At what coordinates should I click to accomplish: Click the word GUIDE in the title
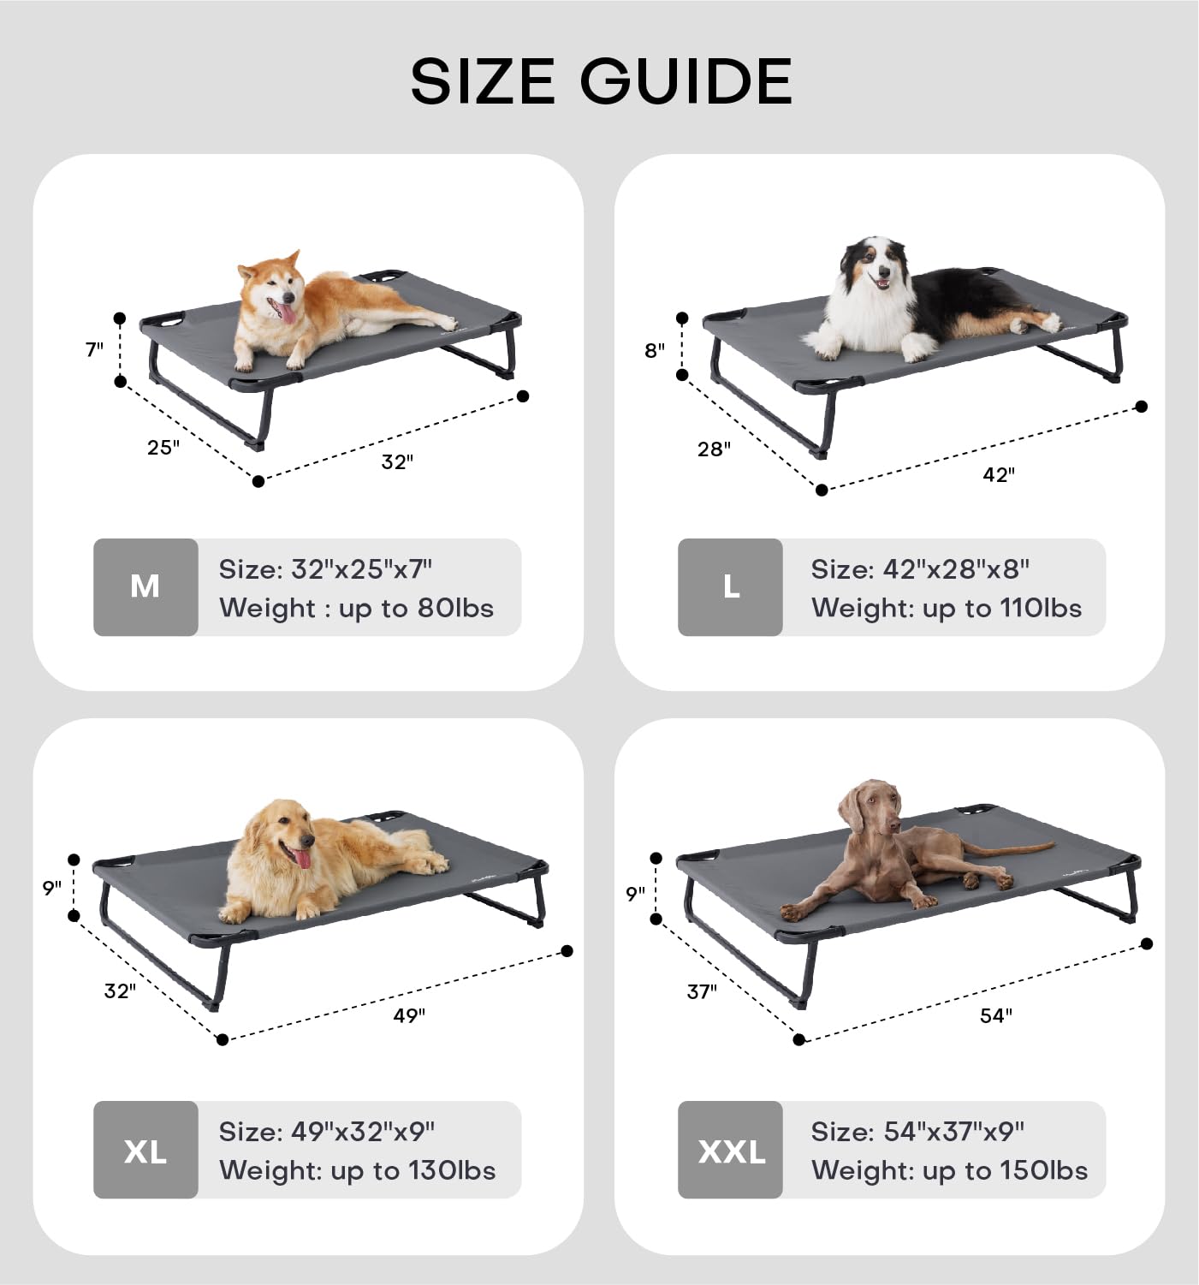[686, 80]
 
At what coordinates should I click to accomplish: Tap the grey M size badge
[145, 587]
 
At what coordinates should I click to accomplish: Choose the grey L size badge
[731, 587]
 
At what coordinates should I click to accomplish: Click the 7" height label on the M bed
[94, 349]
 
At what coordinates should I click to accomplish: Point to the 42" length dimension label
[999, 475]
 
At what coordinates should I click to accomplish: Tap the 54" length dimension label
[996, 1015]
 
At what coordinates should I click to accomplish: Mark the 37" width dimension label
[702, 992]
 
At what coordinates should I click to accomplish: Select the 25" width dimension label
[163, 447]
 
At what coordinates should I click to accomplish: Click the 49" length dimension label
[409, 1015]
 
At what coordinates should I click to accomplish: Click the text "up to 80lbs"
[416, 608]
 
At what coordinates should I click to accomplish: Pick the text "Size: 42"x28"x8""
[919, 569]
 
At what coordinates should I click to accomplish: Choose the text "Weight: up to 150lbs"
[949, 1170]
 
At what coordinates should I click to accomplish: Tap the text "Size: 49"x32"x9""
[327, 1132]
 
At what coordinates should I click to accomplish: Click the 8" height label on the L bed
[654, 350]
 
